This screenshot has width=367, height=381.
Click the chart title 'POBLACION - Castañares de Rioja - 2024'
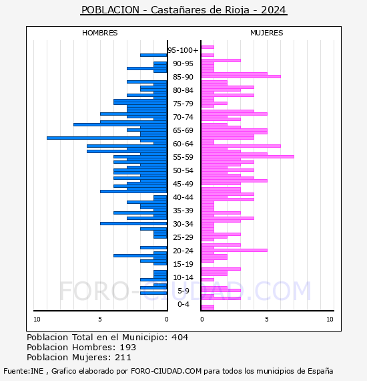183,10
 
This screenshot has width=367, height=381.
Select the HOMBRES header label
99,33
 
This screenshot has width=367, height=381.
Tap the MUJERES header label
267,33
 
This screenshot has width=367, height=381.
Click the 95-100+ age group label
183,50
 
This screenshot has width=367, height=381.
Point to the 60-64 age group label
183,144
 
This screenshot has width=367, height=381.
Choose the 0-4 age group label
183,304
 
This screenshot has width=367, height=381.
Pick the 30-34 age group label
183,224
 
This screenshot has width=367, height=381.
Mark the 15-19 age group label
183,264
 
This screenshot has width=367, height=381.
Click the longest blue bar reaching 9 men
107,138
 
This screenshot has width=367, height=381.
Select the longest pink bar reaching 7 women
248,156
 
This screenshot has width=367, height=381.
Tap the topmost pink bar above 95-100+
208,47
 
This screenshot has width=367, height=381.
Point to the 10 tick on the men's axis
37,320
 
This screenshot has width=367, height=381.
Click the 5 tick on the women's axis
267,320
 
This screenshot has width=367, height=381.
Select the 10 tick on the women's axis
330,320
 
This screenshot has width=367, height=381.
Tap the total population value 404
179,338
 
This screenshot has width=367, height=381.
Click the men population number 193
128,348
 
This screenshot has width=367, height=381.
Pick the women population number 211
123,358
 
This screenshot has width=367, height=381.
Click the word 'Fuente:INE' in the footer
23,371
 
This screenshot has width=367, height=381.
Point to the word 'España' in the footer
320,371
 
